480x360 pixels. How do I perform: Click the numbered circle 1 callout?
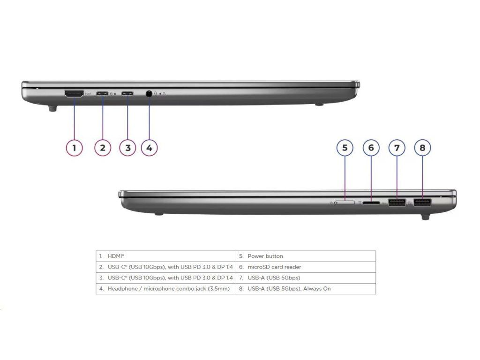74,148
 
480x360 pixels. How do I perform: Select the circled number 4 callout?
149,148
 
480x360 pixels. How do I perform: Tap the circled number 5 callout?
345,148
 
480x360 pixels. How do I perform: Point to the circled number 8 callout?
422,148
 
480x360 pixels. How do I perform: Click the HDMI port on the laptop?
74,94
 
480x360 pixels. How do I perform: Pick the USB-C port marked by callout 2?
103,93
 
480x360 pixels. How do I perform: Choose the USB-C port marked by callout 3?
127,93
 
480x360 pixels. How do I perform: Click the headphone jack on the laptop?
149,93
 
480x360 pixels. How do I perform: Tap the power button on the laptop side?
345,202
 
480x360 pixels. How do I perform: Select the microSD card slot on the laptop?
371,203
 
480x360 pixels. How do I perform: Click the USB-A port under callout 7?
397,203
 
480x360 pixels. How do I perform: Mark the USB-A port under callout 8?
422,203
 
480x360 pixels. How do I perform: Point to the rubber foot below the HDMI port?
52,108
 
